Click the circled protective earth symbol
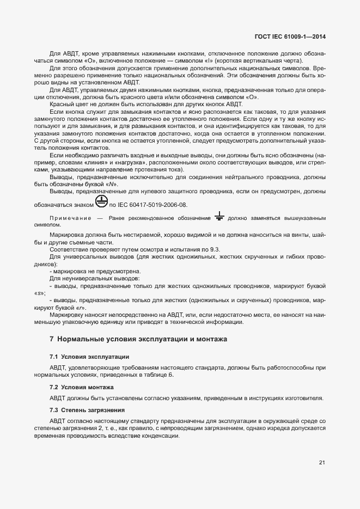pos(101,202)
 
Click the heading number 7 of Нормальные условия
pos(52,339)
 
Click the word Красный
pos(62,103)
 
